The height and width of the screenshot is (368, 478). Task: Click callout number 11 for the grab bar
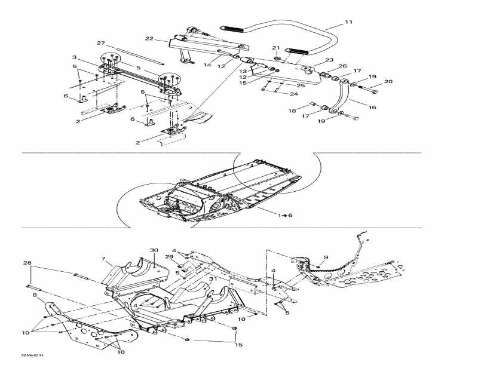pyautogui.click(x=349, y=23)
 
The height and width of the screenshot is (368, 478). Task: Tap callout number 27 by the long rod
pyautogui.click(x=100, y=44)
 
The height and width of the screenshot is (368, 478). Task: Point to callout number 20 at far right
pyautogui.click(x=388, y=82)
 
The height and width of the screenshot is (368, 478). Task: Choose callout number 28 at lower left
pyautogui.click(x=27, y=263)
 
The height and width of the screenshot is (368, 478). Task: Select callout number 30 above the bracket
pyautogui.click(x=154, y=250)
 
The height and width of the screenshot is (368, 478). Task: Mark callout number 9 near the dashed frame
pyautogui.click(x=326, y=257)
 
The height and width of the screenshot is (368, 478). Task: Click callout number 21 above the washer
pyautogui.click(x=275, y=47)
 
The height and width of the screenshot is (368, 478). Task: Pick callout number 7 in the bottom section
pyautogui.click(x=103, y=259)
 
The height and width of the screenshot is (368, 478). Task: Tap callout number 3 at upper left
pyautogui.click(x=74, y=57)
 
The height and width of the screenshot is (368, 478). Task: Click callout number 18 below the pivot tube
pyautogui.click(x=292, y=111)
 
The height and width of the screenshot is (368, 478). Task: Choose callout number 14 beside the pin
pyautogui.click(x=207, y=65)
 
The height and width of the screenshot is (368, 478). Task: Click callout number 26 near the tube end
pyautogui.click(x=342, y=66)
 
